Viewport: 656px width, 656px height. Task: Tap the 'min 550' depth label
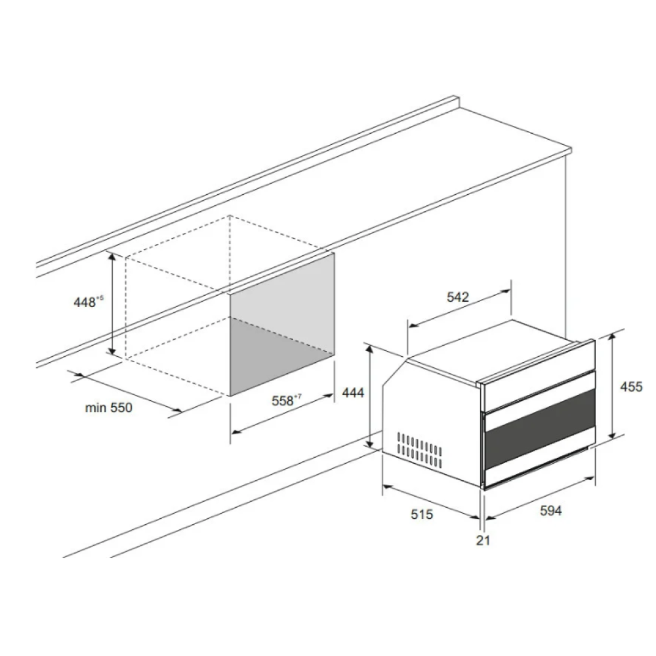[109, 407]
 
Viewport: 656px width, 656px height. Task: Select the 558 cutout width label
[287, 400]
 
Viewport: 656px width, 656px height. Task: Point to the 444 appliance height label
[353, 392]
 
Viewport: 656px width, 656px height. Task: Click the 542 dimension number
[458, 297]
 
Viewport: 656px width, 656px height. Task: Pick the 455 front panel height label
[631, 386]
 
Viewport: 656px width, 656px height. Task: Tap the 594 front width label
[551, 510]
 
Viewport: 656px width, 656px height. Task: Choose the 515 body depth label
[422, 514]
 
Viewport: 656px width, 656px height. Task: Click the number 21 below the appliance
[483, 540]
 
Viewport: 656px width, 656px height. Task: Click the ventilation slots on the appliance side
[420, 450]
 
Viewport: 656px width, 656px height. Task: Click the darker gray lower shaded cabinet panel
[282, 356]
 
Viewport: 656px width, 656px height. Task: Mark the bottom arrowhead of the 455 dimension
[613, 434]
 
